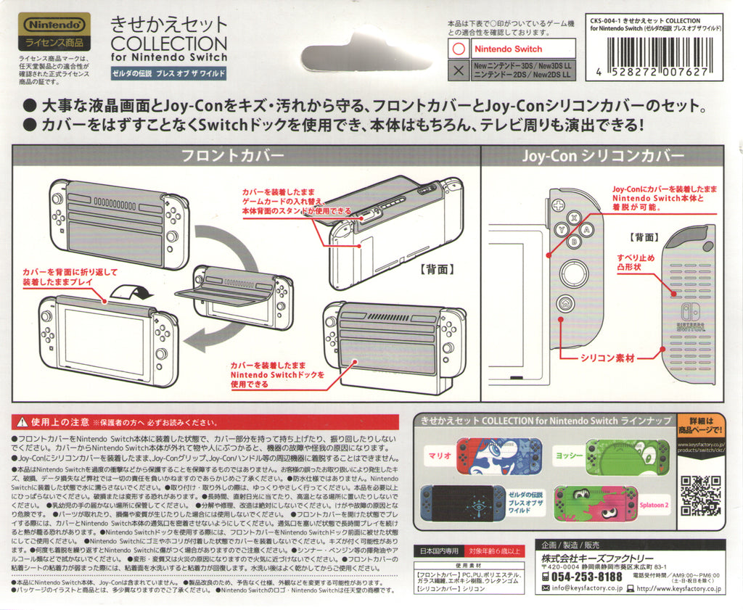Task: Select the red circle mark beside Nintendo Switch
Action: coord(458,49)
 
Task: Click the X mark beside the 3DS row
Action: coord(458,70)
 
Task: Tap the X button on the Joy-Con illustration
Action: coord(573,217)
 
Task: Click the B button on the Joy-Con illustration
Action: coord(572,242)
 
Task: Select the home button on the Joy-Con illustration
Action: coord(565,304)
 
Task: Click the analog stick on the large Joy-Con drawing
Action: coord(574,272)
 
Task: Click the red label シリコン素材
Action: coord(608,358)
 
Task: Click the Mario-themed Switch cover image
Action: coord(498,456)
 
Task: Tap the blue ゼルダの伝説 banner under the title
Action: coord(168,74)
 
